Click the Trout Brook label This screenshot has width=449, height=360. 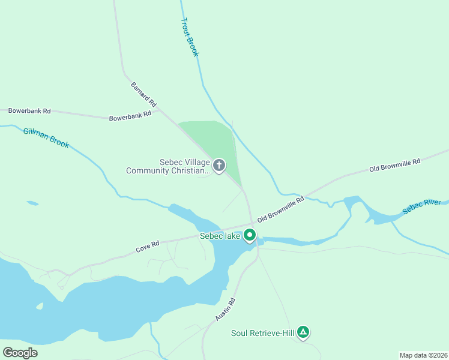189,37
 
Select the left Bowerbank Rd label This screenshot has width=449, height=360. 29,111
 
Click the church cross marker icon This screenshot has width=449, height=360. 219,165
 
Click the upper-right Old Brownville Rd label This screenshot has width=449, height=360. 395,164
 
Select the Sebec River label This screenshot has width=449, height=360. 421,206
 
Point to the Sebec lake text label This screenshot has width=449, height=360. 220,236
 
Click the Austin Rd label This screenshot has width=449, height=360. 226,310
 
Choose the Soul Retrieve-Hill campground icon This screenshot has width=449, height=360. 304,332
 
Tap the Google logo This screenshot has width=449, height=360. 20,352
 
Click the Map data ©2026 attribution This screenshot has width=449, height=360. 423,355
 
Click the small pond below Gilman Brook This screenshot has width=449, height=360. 32,203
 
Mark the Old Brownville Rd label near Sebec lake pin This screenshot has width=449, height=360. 281,210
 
